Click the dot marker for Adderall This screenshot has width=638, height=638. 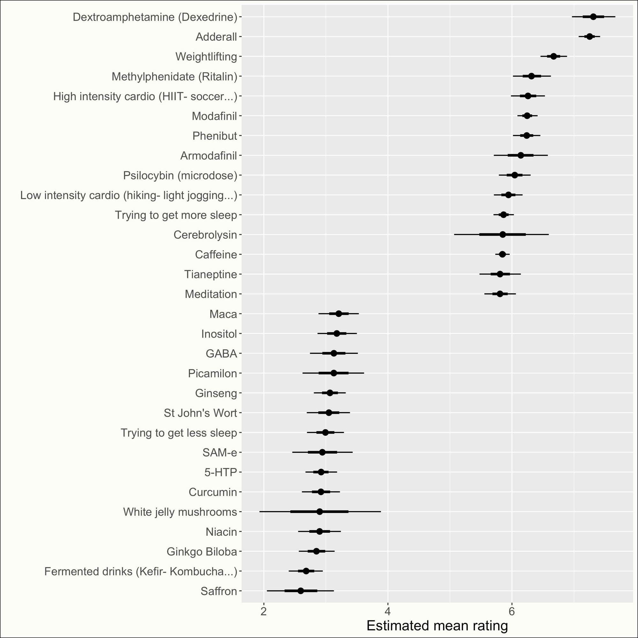tap(590, 37)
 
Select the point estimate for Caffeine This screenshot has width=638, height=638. tap(502, 254)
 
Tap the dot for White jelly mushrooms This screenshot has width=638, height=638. tap(319, 512)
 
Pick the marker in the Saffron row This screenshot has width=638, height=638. tap(300, 591)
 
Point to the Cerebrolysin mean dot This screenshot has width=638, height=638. tap(503, 234)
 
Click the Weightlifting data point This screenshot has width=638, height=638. tap(553, 56)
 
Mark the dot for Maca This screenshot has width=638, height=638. tap(338, 314)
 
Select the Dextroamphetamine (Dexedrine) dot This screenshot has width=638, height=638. tap(593, 17)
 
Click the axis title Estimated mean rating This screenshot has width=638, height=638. tap(437, 626)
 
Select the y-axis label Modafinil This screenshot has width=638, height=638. tap(214, 116)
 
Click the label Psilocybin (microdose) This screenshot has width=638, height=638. tap(180, 176)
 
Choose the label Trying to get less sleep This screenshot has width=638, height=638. tap(179, 433)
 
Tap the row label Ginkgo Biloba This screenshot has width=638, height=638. tap(202, 552)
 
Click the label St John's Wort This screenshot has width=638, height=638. tap(200, 413)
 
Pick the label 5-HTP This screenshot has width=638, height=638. tap(221, 472)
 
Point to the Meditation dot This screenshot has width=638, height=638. tap(500, 294)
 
